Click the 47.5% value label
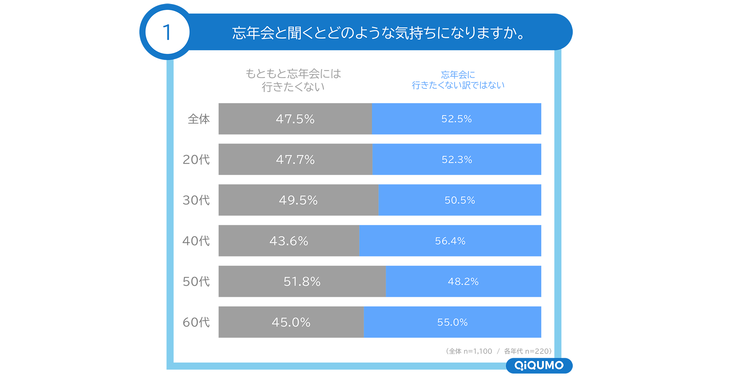coord(295,119)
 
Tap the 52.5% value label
coord(456,119)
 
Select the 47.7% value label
coord(295,160)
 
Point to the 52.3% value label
coord(457,160)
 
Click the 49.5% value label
coord(298,200)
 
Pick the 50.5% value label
coord(459,200)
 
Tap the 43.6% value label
coord(288,241)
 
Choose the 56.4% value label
coord(450,241)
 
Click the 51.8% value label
coord(302,282)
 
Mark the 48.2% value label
coord(463,282)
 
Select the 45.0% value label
coord(291,323)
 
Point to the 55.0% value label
coord(452,323)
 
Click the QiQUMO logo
coord(539,366)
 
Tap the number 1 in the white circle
coord(167,32)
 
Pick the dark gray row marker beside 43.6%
coord(196,241)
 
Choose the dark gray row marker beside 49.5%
coord(196,200)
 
